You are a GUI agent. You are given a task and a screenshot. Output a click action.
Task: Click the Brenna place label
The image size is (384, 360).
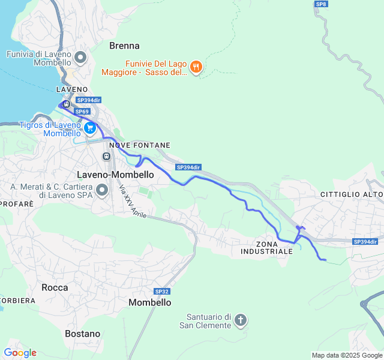coord(124,46)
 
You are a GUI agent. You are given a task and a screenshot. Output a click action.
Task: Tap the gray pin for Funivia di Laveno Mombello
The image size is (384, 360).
coord(81,58)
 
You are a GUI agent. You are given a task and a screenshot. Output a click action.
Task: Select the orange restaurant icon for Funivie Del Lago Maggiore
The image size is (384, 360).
coord(196,68)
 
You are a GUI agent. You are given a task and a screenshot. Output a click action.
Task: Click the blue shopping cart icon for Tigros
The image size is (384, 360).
coord(90,128)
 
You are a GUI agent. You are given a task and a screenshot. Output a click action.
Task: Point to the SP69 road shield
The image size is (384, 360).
coord(82,112)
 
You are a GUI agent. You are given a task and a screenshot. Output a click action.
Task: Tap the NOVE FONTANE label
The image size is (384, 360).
coord(140,145)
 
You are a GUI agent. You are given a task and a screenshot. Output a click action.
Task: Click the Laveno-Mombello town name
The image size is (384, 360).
coord(115,174)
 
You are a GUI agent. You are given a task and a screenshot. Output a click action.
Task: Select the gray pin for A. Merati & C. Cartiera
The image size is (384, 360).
coord(102,191)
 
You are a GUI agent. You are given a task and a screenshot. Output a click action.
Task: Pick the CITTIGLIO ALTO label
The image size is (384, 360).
coord(351,194)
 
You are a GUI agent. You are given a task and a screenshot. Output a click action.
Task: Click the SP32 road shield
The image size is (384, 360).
coord(161,291)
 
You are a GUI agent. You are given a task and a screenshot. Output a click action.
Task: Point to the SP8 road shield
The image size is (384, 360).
coord(321,4)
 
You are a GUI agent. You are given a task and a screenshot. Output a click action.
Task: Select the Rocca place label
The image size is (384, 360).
coord(55,287)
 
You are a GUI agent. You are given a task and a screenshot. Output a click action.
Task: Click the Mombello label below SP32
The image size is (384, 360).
coord(150,303)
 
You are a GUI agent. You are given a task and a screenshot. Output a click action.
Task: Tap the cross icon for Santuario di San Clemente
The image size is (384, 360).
coord(241,320)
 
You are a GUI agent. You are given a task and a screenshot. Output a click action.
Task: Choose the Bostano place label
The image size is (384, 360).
coord(82,334)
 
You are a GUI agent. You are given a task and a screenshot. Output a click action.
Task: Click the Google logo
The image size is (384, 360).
coord(20,353)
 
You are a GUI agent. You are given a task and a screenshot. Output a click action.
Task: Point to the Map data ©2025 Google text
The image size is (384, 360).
coord(346,355)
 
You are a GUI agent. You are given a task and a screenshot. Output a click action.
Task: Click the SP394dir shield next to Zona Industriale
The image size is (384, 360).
coord(365,242)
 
